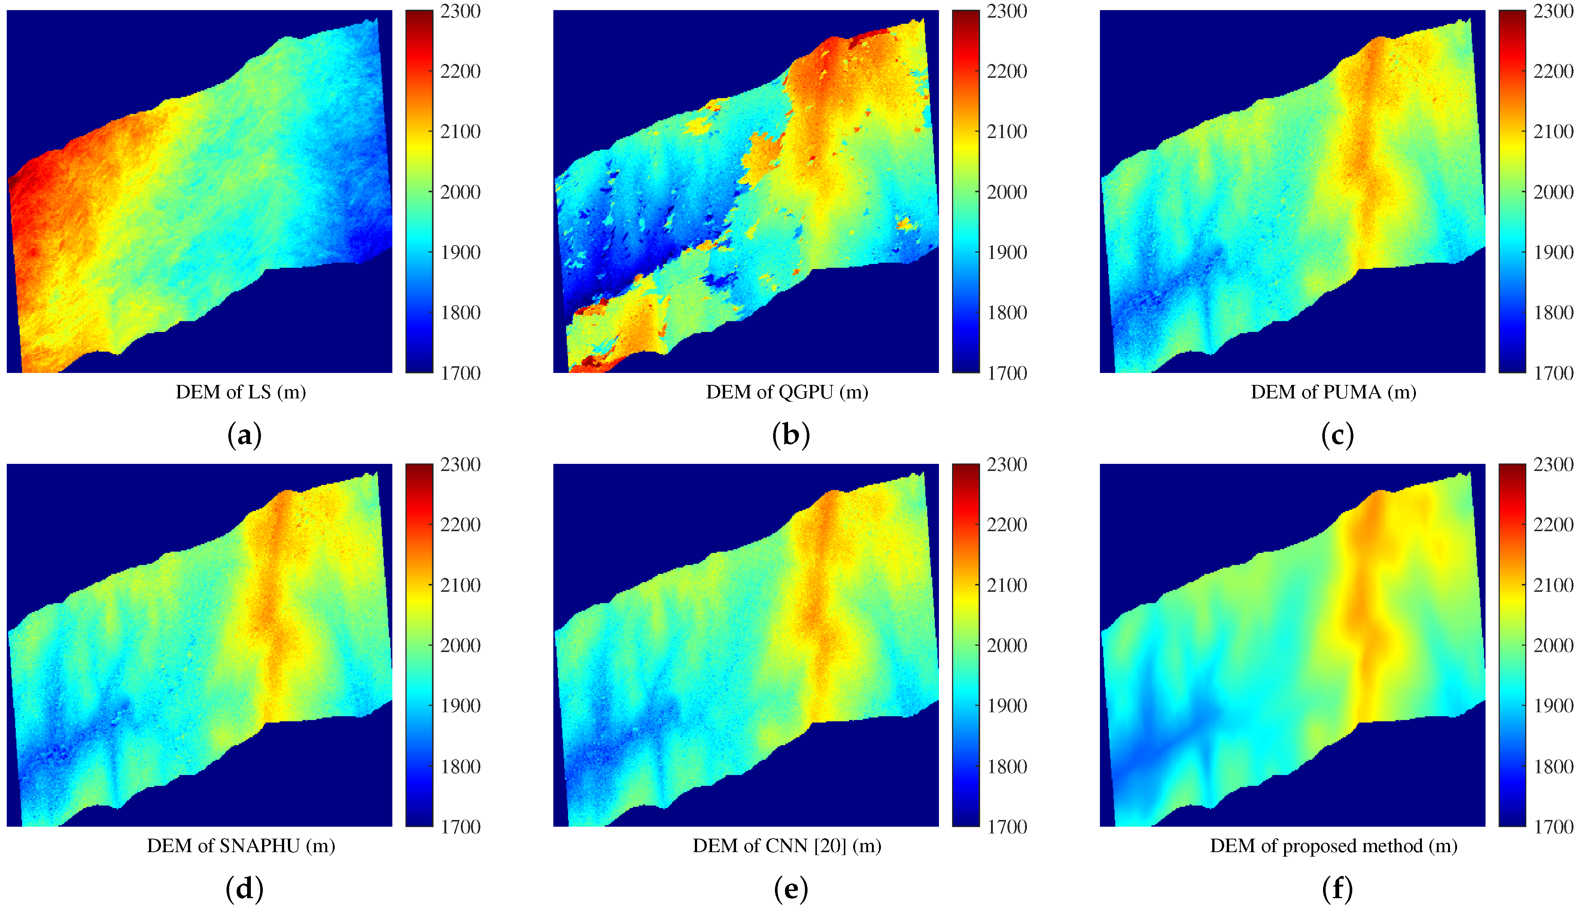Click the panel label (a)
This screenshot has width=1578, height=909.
point(244,435)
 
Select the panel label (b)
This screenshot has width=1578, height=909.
point(791,435)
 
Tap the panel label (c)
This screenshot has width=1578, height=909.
point(1338,435)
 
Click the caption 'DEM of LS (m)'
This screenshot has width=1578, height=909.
point(240,392)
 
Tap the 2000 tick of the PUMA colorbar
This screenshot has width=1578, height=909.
point(1553,192)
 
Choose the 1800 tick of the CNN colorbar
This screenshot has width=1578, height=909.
point(1006,766)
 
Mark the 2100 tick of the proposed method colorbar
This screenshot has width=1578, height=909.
point(1553,585)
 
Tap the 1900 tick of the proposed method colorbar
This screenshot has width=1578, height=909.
point(1553,706)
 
